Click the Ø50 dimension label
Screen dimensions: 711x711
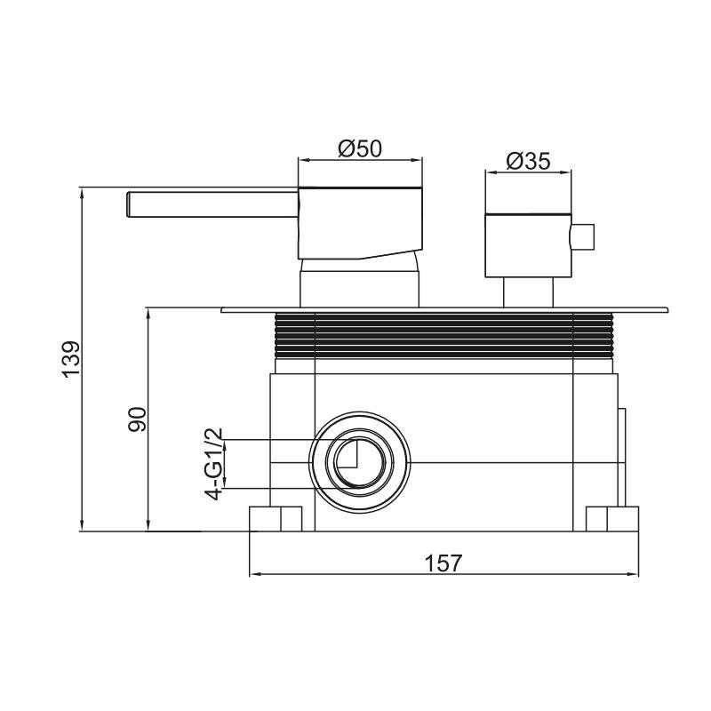(x=360, y=148)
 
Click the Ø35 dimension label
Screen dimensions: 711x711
(x=528, y=161)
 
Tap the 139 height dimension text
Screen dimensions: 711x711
(x=71, y=359)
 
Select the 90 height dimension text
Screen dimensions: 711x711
(x=138, y=419)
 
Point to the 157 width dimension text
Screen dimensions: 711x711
(x=443, y=563)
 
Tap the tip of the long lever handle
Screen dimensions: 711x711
(x=127, y=204)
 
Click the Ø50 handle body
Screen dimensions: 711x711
(x=361, y=223)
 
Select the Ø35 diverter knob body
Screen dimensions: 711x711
(x=528, y=245)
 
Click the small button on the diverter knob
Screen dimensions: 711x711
(x=583, y=236)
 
